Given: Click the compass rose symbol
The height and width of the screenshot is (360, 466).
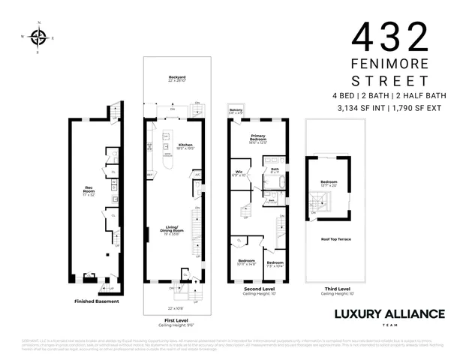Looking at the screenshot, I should pos(40,35).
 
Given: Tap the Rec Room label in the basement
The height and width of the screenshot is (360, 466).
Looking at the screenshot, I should pos(89,190).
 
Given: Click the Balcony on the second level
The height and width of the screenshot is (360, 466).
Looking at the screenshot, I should pos(236,111).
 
